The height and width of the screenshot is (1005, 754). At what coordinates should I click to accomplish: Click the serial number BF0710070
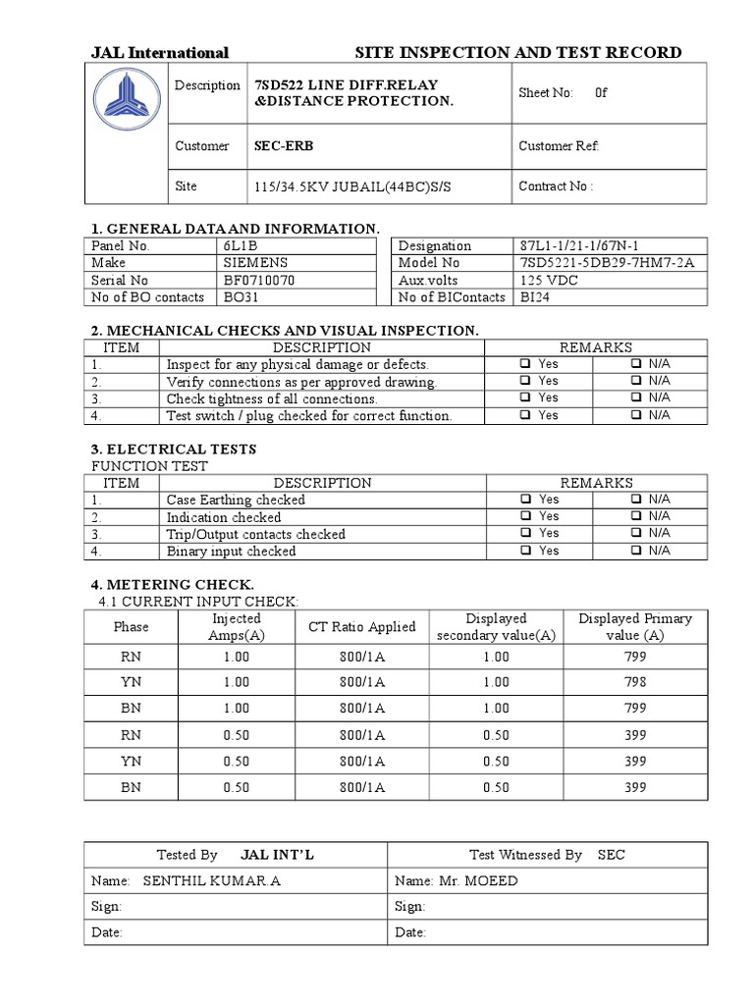(259, 280)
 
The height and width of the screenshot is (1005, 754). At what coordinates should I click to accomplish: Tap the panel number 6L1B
(242, 245)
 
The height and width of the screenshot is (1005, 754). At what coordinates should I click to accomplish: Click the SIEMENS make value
(255, 263)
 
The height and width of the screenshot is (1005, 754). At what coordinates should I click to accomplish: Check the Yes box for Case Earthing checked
(526, 500)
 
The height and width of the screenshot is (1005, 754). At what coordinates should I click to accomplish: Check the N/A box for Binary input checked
(637, 551)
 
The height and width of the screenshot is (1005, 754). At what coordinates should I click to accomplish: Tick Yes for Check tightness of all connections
(526, 397)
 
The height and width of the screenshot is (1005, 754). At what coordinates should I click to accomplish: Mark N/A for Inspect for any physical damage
(637, 364)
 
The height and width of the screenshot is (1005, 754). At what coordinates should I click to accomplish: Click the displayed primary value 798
(635, 682)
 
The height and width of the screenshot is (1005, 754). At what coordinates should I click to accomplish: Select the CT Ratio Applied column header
(362, 626)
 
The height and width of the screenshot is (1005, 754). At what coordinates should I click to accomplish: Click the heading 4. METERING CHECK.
(173, 584)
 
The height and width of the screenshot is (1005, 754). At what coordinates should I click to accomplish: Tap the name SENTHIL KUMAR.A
(211, 880)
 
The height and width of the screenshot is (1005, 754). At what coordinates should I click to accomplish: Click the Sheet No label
(545, 93)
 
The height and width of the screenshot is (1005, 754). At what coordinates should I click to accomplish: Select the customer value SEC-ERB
(285, 146)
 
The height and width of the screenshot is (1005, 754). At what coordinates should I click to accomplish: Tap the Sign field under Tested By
(107, 907)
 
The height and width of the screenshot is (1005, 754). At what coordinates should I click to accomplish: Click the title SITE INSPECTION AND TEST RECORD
(517, 52)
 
